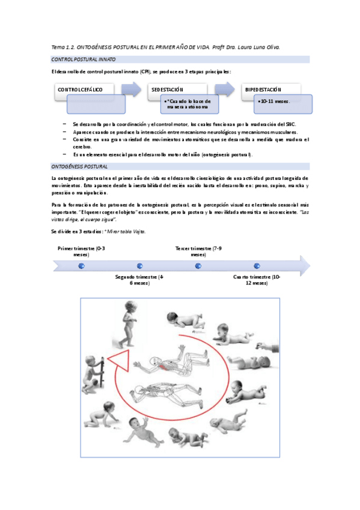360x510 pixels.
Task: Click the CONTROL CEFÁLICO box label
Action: coord(80,90)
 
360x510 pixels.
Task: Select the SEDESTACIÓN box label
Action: coord(167,90)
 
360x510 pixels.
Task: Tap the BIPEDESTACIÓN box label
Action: coord(263,90)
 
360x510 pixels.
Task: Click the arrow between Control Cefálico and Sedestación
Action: coord(131,89)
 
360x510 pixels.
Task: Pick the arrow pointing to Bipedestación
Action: coord(225,89)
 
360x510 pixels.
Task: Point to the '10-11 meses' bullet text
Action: coord(275,101)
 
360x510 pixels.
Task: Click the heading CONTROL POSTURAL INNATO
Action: coord(83,60)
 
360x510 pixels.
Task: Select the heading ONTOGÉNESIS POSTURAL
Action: coord(79,167)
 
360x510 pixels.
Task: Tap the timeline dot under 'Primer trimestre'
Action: coord(82,266)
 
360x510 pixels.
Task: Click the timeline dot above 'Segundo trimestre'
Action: coord(140,266)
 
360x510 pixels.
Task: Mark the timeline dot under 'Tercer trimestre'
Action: coord(198,266)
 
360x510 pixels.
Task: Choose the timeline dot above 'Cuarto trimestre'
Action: coord(257,266)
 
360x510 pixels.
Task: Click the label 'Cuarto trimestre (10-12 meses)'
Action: coord(257,280)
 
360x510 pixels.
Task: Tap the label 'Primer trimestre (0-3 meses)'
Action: coord(81,251)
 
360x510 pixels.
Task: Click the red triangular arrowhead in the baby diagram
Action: coord(119,360)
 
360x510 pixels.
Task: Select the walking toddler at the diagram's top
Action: coord(127,324)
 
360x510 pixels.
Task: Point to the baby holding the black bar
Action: coord(93,375)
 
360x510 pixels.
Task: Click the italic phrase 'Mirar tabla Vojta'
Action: coord(126,232)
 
